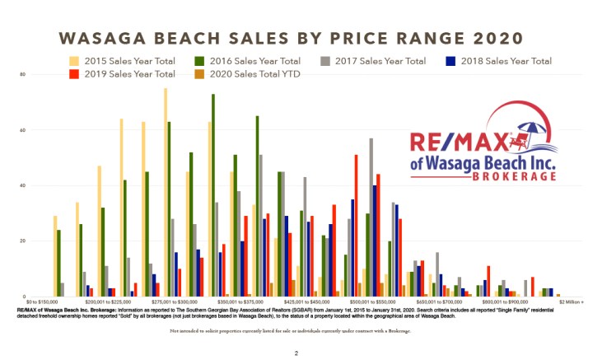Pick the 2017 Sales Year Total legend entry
point(380,61)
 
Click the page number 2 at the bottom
point(296,353)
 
